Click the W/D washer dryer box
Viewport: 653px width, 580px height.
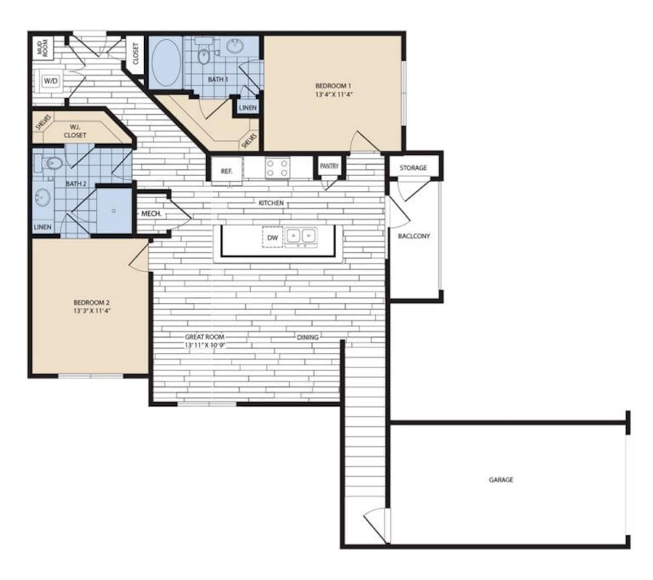51,81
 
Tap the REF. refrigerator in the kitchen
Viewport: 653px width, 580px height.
226,171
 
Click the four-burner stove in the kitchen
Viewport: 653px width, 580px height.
276,168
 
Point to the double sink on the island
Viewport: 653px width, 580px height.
301,236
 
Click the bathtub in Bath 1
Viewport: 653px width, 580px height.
165,62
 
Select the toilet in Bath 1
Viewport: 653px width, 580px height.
204,54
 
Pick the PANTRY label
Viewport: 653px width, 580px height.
329,166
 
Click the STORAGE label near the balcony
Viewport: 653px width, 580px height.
413,167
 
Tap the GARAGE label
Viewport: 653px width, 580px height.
501,480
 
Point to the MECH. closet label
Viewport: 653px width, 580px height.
151,214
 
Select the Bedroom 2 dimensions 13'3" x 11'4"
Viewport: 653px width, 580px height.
92,311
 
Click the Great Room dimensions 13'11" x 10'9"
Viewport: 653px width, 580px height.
205,345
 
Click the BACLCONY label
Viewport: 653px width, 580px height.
414,236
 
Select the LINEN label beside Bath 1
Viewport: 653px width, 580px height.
248,108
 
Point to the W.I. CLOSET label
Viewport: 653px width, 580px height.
75,131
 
